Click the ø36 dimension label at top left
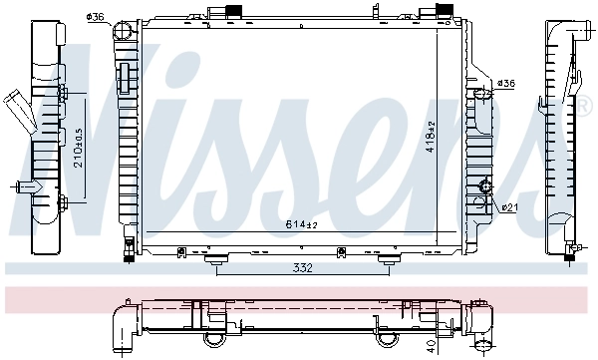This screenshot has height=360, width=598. coord(97,17)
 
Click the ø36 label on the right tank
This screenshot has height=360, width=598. coord(505,83)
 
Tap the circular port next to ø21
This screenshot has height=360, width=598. coord(486,186)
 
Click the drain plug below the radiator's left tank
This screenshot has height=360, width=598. coord(128,253)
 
